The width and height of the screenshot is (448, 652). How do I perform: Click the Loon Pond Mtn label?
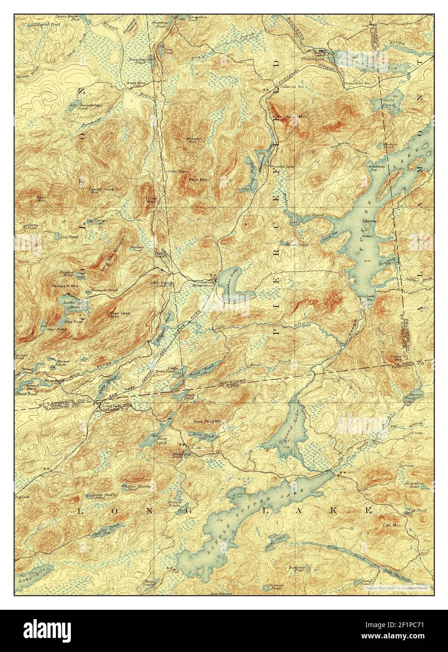coord(208,421)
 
